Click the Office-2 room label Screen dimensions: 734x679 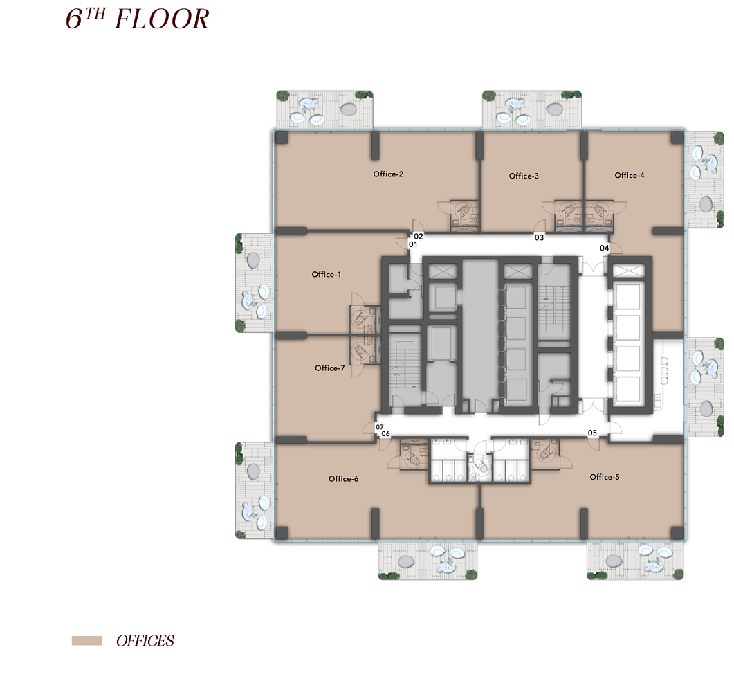tap(388, 174)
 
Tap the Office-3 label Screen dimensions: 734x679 tap(524, 176)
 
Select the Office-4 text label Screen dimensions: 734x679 tap(629, 175)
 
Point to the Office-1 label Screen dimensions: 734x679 tap(327, 274)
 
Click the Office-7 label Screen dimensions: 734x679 tap(329, 368)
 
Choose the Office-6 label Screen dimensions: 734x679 tap(343, 478)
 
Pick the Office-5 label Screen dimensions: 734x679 tap(605, 477)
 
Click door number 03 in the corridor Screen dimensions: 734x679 tap(540, 238)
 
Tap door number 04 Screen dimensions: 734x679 tap(605, 248)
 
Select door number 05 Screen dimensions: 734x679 tap(592, 433)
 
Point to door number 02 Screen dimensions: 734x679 tap(419, 237)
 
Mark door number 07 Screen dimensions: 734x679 tap(380, 427)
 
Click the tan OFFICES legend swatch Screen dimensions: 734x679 tap(86, 641)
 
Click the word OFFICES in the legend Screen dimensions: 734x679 tap(145, 641)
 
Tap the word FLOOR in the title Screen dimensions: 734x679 tap(162, 19)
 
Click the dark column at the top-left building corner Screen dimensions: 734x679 tap(282, 138)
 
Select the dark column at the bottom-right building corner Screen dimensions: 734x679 tap(677, 533)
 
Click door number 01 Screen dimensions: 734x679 tap(413, 244)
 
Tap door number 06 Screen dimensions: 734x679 tap(386, 434)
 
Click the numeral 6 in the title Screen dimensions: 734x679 tap(74, 19)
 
